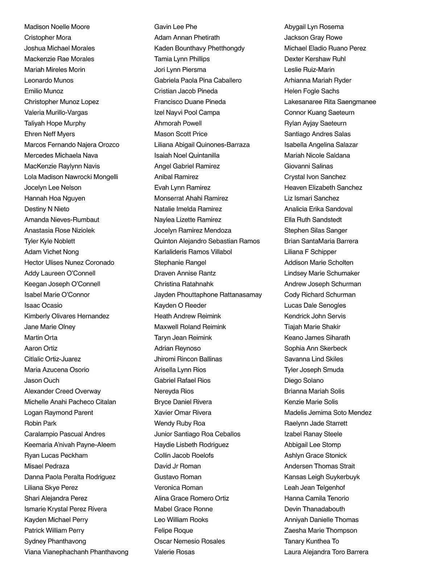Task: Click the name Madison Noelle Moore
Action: click(57, 27)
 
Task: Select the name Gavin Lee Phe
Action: click(175, 27)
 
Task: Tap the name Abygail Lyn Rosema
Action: click(314, 27)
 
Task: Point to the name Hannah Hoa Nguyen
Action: click(55, 198)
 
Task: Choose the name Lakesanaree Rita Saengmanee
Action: click(330, 102)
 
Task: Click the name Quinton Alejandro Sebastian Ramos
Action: click(207, 241)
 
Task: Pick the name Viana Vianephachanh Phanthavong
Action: click(76, 552)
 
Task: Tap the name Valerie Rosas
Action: click(174, 552)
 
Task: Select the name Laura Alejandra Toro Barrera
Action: click(326, 552)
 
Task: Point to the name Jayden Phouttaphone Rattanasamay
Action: click(208, 295)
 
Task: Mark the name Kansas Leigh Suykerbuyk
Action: click(322, 477)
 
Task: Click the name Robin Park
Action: click(40, 423)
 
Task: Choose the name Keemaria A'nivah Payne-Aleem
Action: click(70, 445)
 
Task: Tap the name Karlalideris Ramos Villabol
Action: click(193, 252)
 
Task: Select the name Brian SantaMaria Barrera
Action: click(321, 241)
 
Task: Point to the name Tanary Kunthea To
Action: click(311, 541)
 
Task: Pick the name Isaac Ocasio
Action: click(43, 306)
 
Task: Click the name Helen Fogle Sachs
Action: click(312, 91)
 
